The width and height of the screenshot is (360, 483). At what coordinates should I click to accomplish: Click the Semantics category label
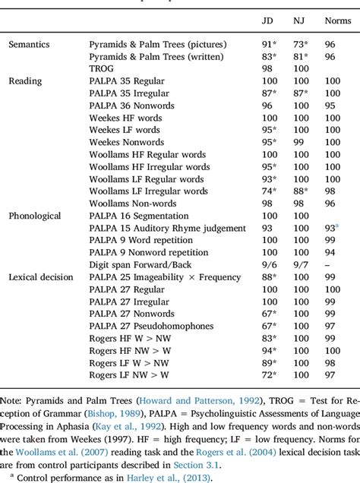coord(30,45)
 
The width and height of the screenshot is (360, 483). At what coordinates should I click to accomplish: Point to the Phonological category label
coord(35,215)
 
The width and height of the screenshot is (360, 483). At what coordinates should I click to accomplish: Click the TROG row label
coord(101,69)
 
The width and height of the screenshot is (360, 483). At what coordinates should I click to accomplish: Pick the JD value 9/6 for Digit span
coord(266,264)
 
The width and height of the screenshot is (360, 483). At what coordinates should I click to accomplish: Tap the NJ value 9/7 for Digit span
coord(300,264)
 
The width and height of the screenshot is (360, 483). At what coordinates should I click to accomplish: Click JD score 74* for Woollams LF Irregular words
coord(266,191)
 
